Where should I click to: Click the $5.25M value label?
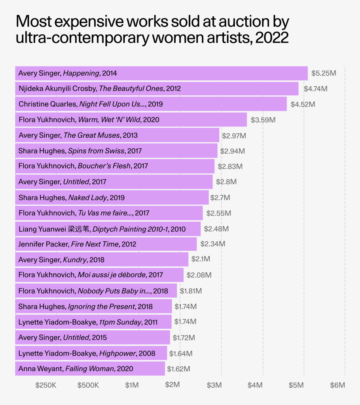click(x=324, y=73)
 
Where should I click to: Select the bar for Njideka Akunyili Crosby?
click(x=157, y=89)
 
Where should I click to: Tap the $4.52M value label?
click(x=303, y=104)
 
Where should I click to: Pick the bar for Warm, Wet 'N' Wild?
click(x=131, y=119)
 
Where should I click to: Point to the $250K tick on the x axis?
click(x=46, y=385)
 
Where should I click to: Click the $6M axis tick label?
click(x=337, y=385)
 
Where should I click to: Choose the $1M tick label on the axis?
click(x=132, y=385)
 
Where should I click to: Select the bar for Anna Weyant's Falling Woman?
click(x=90, y=369)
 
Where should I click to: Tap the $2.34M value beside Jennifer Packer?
click(x=213, y=244)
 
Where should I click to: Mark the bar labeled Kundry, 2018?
click(x=102, y=260)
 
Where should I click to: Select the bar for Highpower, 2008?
click(x=91, y=353)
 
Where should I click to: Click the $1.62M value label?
click(x=178, y=369)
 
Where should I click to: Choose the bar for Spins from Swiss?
click(x=116, y=151)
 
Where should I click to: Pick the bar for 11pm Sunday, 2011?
click(x=93, y=322)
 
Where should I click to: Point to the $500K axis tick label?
click(x=88, y=385)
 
